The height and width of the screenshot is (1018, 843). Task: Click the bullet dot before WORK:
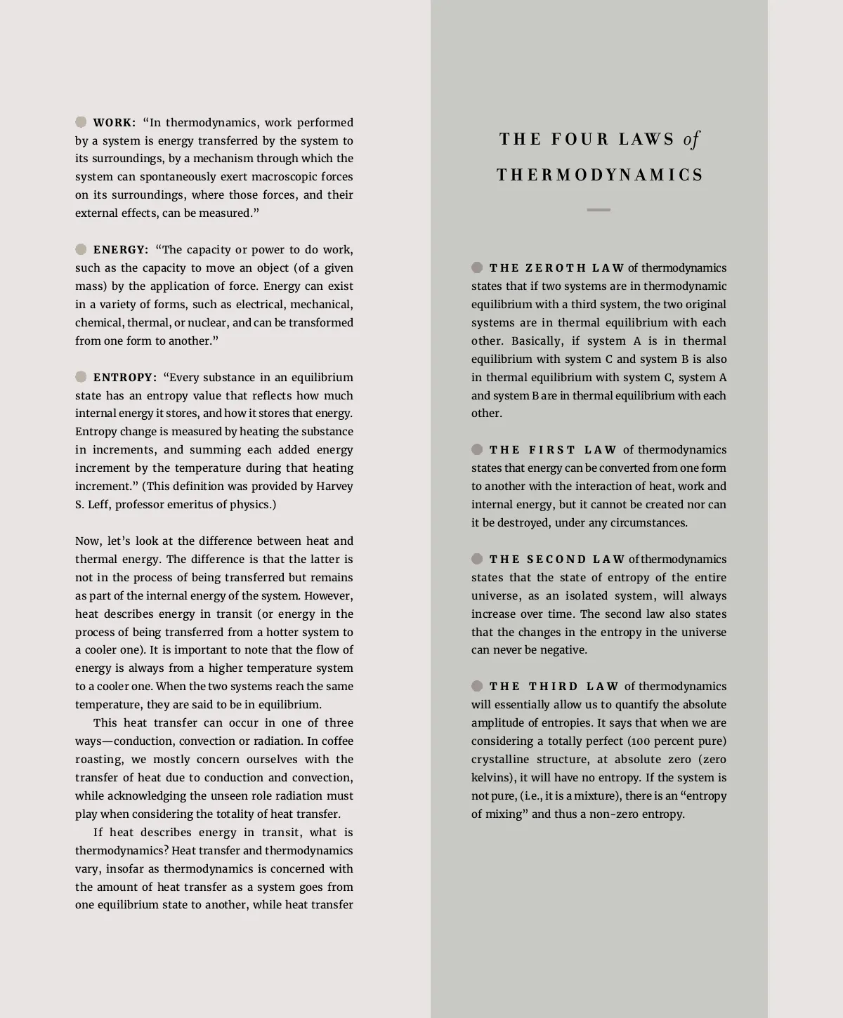(x=81, y=122)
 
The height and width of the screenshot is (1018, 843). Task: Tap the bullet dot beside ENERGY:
(x=81, y=249)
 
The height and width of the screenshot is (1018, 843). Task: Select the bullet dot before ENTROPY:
(x=81, y=377)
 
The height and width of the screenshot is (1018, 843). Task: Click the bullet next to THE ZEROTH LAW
(x=477, y=267)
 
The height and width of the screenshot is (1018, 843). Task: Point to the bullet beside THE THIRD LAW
(x=477, y=686)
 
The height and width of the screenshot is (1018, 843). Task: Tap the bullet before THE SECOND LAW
(x=477, y=559)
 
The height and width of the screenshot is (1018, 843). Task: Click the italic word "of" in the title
(x=691, y=139)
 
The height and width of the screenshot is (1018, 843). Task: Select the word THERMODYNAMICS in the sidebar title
(x=599, y=175)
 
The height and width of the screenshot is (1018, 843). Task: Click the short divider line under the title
(x=599, y=210)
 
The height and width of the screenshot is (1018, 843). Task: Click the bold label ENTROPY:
(x=125, y=377)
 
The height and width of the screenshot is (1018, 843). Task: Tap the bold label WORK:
(x=115, y=122)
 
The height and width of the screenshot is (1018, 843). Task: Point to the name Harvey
(x=334, y=486)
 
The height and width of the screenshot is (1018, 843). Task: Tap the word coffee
(x=337, y=741)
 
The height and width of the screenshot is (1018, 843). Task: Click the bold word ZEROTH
(x=556, y=267)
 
